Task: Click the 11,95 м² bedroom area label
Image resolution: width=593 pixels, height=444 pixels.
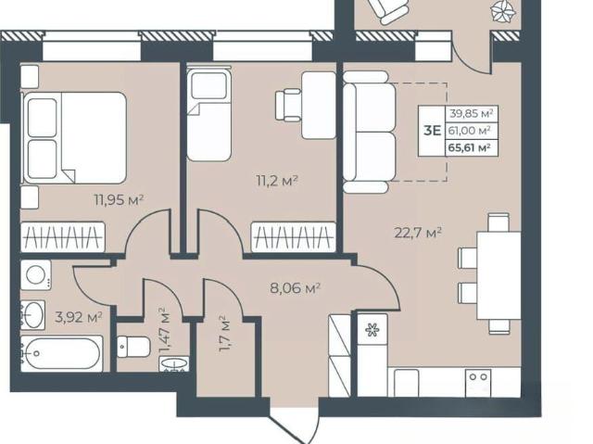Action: pyautogui.click(x=120, y=199)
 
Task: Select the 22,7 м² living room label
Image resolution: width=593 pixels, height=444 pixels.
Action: pyautogui.click(x=418, y=233)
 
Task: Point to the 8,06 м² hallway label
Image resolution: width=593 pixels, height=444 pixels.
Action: pyautogui.click(x=296, y=288)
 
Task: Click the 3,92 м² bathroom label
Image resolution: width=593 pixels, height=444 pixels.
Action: pyautogui.click(x=79, y=317)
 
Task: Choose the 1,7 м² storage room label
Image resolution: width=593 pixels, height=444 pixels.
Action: pyautogui.click(x=224, y=334)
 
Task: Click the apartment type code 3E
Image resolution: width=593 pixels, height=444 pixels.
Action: pyautogui.click(x=433, y=131)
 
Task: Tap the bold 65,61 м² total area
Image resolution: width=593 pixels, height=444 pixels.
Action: pyautogui.click(x=470, y=147)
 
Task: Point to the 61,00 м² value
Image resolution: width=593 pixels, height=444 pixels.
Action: pyautogui.click(x=470, y=131)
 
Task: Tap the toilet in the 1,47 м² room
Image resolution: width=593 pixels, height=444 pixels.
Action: pyautogui.click(x=133, y=347)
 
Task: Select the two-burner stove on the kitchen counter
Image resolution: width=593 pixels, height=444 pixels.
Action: pyautogui.click(x=478, y=383)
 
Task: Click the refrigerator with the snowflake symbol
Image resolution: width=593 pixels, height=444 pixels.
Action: pyautogui.click(x=372, y=329)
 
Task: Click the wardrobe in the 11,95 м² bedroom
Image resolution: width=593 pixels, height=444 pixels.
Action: pyautogui.click(x=62, y=236)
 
